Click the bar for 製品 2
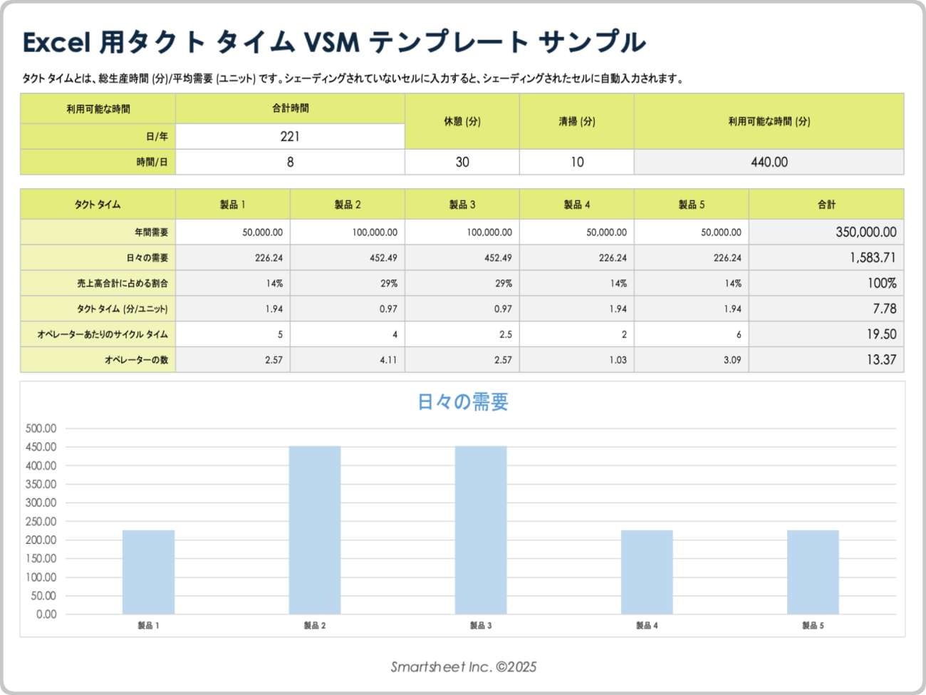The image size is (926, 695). pyautogui.click(x=314, y=530)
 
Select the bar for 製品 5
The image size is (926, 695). pyautogui.click(x=813, y=572)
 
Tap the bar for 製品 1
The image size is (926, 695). pyautogui.click(x=148, y=572)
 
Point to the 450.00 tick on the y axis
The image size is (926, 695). pyautogui.click(x=41, y=447)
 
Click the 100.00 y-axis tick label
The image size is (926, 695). pyautogui.click(x=41, y=577)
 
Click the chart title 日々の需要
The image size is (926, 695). pyautogui.click(x=463, y=402)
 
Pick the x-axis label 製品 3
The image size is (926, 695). pyautogui.click(x=481, y=626)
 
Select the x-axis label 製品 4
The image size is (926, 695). pyautogui.click(x=647, y=626)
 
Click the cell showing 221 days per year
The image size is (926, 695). pyautogui.click(x=290, y=136)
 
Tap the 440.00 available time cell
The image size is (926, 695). pyautogui.click(x=769, y=162)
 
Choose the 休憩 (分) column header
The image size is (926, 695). pyautogui.click(x=462, y=121)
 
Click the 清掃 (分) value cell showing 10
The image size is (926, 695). pyautogui.click(x=576, y=162)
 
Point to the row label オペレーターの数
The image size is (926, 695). pyautogui.click(x=136, y=360)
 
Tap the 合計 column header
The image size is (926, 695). pyautogui.click(x=826, y=205)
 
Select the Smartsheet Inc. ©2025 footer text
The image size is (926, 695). pyautogui.click(x=463, y=667)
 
